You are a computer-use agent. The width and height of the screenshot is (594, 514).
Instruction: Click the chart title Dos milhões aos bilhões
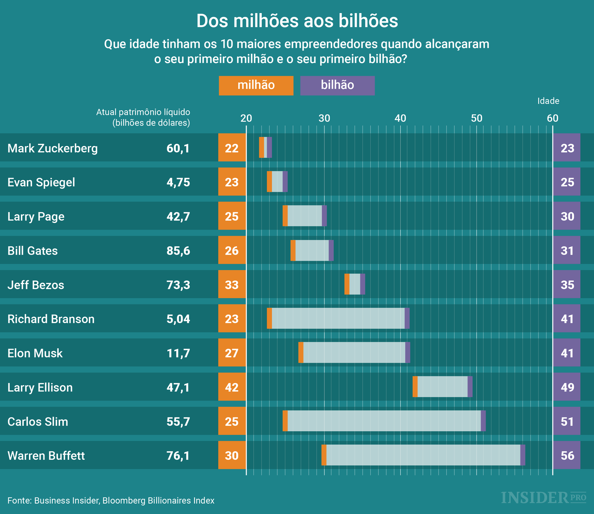point(297,21)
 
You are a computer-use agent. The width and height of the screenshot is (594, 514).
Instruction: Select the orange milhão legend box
point(256,85)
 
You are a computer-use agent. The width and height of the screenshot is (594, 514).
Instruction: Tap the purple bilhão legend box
point(337,85)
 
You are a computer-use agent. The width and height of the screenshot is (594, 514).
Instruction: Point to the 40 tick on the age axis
point(400,119)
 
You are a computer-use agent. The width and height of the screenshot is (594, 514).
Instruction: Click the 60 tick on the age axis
point(552,119)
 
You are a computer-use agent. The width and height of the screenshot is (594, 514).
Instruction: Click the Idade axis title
point(548,101)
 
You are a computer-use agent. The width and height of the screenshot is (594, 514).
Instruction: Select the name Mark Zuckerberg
point(53,148)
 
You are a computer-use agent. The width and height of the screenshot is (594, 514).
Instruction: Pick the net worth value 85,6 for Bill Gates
point(178,251)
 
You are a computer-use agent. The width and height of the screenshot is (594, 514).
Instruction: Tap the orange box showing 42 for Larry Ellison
point(232,387)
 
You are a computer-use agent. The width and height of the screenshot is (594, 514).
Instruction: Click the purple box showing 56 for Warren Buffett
point(567,455)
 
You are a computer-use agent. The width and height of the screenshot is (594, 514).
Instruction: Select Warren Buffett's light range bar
point(423,455)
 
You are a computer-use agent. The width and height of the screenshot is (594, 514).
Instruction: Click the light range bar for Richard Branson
point(338,319)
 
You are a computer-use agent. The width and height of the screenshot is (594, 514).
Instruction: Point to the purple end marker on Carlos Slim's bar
point(483,421)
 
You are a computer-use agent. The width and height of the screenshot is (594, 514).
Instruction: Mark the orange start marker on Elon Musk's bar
point(301,352)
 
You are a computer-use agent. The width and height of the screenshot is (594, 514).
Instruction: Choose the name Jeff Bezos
point(36,285)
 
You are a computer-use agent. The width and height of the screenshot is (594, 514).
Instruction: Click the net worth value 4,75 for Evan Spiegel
point(178,182)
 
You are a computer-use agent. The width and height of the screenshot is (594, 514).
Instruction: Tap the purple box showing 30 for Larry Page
point(567,216)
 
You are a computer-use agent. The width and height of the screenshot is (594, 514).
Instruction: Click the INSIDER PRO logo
point(543,498)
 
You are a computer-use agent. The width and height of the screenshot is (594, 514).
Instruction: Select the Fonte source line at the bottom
point(111,501)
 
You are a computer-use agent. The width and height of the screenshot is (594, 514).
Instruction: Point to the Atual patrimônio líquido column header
point(143,117)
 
